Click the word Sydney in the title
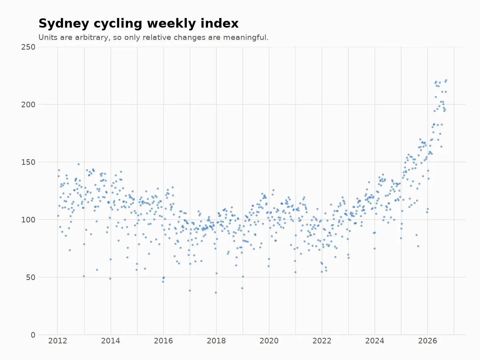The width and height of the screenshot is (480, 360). coord(64,24)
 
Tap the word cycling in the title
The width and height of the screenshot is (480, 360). coord(118,24)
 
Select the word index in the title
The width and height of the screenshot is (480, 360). coord(220,23)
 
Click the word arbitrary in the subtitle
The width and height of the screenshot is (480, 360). coord(92,38)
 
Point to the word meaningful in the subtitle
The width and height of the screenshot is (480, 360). coord(245,38)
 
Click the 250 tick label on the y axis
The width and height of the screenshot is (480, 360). coord(28,47)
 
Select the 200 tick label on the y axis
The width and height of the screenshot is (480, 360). coord(28,105)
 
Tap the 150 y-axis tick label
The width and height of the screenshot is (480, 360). coord(28,162)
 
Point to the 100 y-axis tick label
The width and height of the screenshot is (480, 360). coord(28,220)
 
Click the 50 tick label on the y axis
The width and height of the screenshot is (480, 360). coord(31,277)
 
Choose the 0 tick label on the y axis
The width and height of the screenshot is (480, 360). coord(33,335)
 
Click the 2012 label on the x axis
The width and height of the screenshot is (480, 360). coord(58,341)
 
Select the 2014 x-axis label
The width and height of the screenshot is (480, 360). coord(110,341)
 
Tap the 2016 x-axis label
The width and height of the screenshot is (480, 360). coord(163,341)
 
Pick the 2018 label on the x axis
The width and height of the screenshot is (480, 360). coord(216,341)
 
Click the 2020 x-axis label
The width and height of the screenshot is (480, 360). coord(269,341)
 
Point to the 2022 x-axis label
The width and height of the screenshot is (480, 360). coord(322,341)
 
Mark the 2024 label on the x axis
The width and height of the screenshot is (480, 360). coord(375,341)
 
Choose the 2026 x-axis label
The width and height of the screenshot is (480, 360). coord(428,341)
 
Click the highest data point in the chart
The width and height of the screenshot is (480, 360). coord(446,80)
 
